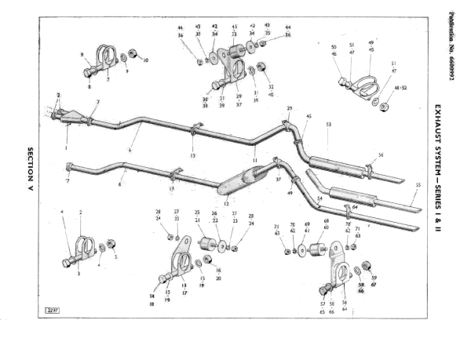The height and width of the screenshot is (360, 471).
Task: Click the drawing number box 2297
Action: coord(54,311)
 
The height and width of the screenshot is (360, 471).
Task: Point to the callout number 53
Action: coord(328,124)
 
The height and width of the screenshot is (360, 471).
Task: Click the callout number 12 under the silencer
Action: coord(225,204)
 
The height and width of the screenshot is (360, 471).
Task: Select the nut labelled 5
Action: coord(111,243)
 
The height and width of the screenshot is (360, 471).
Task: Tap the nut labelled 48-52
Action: coord(384,106)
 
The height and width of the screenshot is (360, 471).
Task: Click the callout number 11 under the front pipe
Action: coord(255,158)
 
